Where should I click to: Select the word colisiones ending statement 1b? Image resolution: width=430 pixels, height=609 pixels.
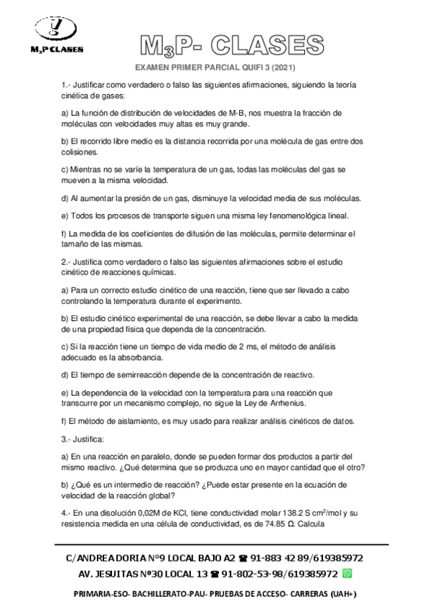pos(81,152)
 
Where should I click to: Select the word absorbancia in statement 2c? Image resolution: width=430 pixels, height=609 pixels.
pos(141,357)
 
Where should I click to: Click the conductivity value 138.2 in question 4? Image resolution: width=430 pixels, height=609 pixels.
pos(289,513)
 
